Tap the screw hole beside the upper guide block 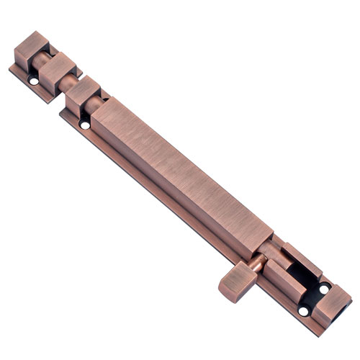coord(85,125)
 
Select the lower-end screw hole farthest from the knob coord(323,288)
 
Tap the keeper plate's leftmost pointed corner coord(10,68)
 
